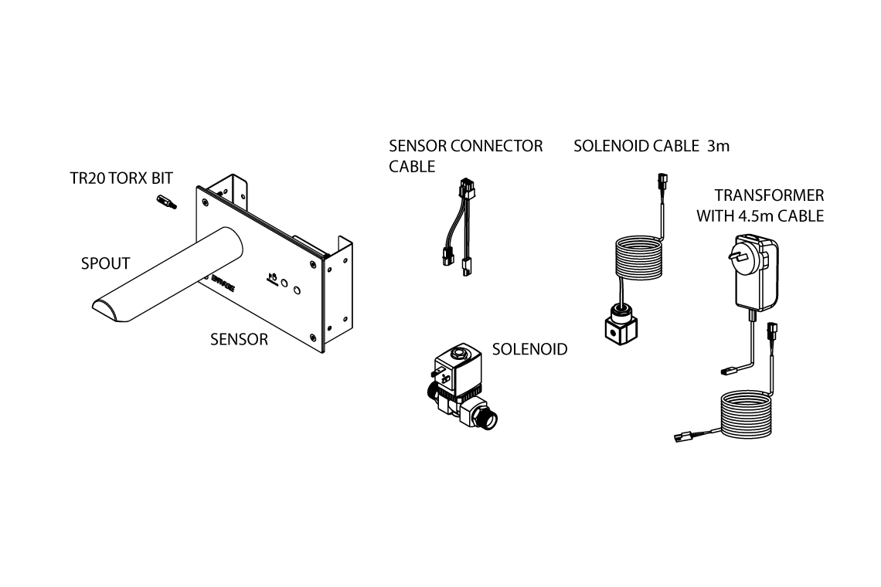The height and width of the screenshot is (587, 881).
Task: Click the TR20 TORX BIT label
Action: coord(121,178)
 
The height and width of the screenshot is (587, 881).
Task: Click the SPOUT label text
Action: coord(105,263)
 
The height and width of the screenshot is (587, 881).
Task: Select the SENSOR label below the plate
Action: coord(239,339)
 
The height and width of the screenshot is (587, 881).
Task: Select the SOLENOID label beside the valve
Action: coord(529,349)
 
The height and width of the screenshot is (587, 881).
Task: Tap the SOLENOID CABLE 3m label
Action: coord(651,145)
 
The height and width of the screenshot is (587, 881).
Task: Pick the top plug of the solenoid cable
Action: coord(659,182)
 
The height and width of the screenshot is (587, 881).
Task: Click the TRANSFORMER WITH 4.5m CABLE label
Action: coord(760,205)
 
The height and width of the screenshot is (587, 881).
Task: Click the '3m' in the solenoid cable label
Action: coord(718,145)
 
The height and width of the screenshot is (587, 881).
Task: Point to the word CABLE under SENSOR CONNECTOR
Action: coord(412,166)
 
